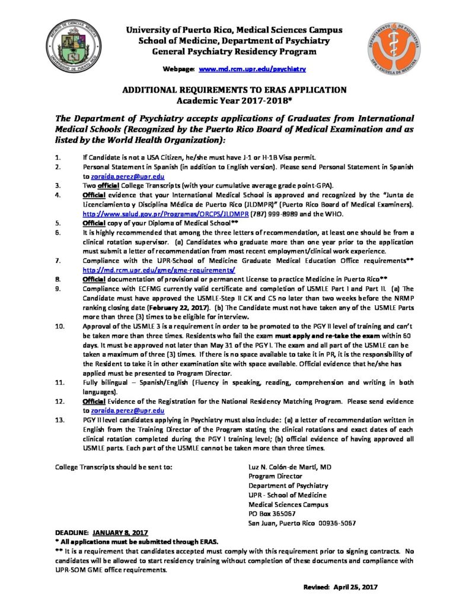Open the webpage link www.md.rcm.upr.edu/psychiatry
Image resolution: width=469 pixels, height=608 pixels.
pyautogui.click(x=253, y=69)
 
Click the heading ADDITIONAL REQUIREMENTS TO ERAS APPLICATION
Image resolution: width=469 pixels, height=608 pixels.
pyautogui.click(x=234, y=90)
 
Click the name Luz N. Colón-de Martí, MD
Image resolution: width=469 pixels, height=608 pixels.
pyautogui.click(x=289, y=467)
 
